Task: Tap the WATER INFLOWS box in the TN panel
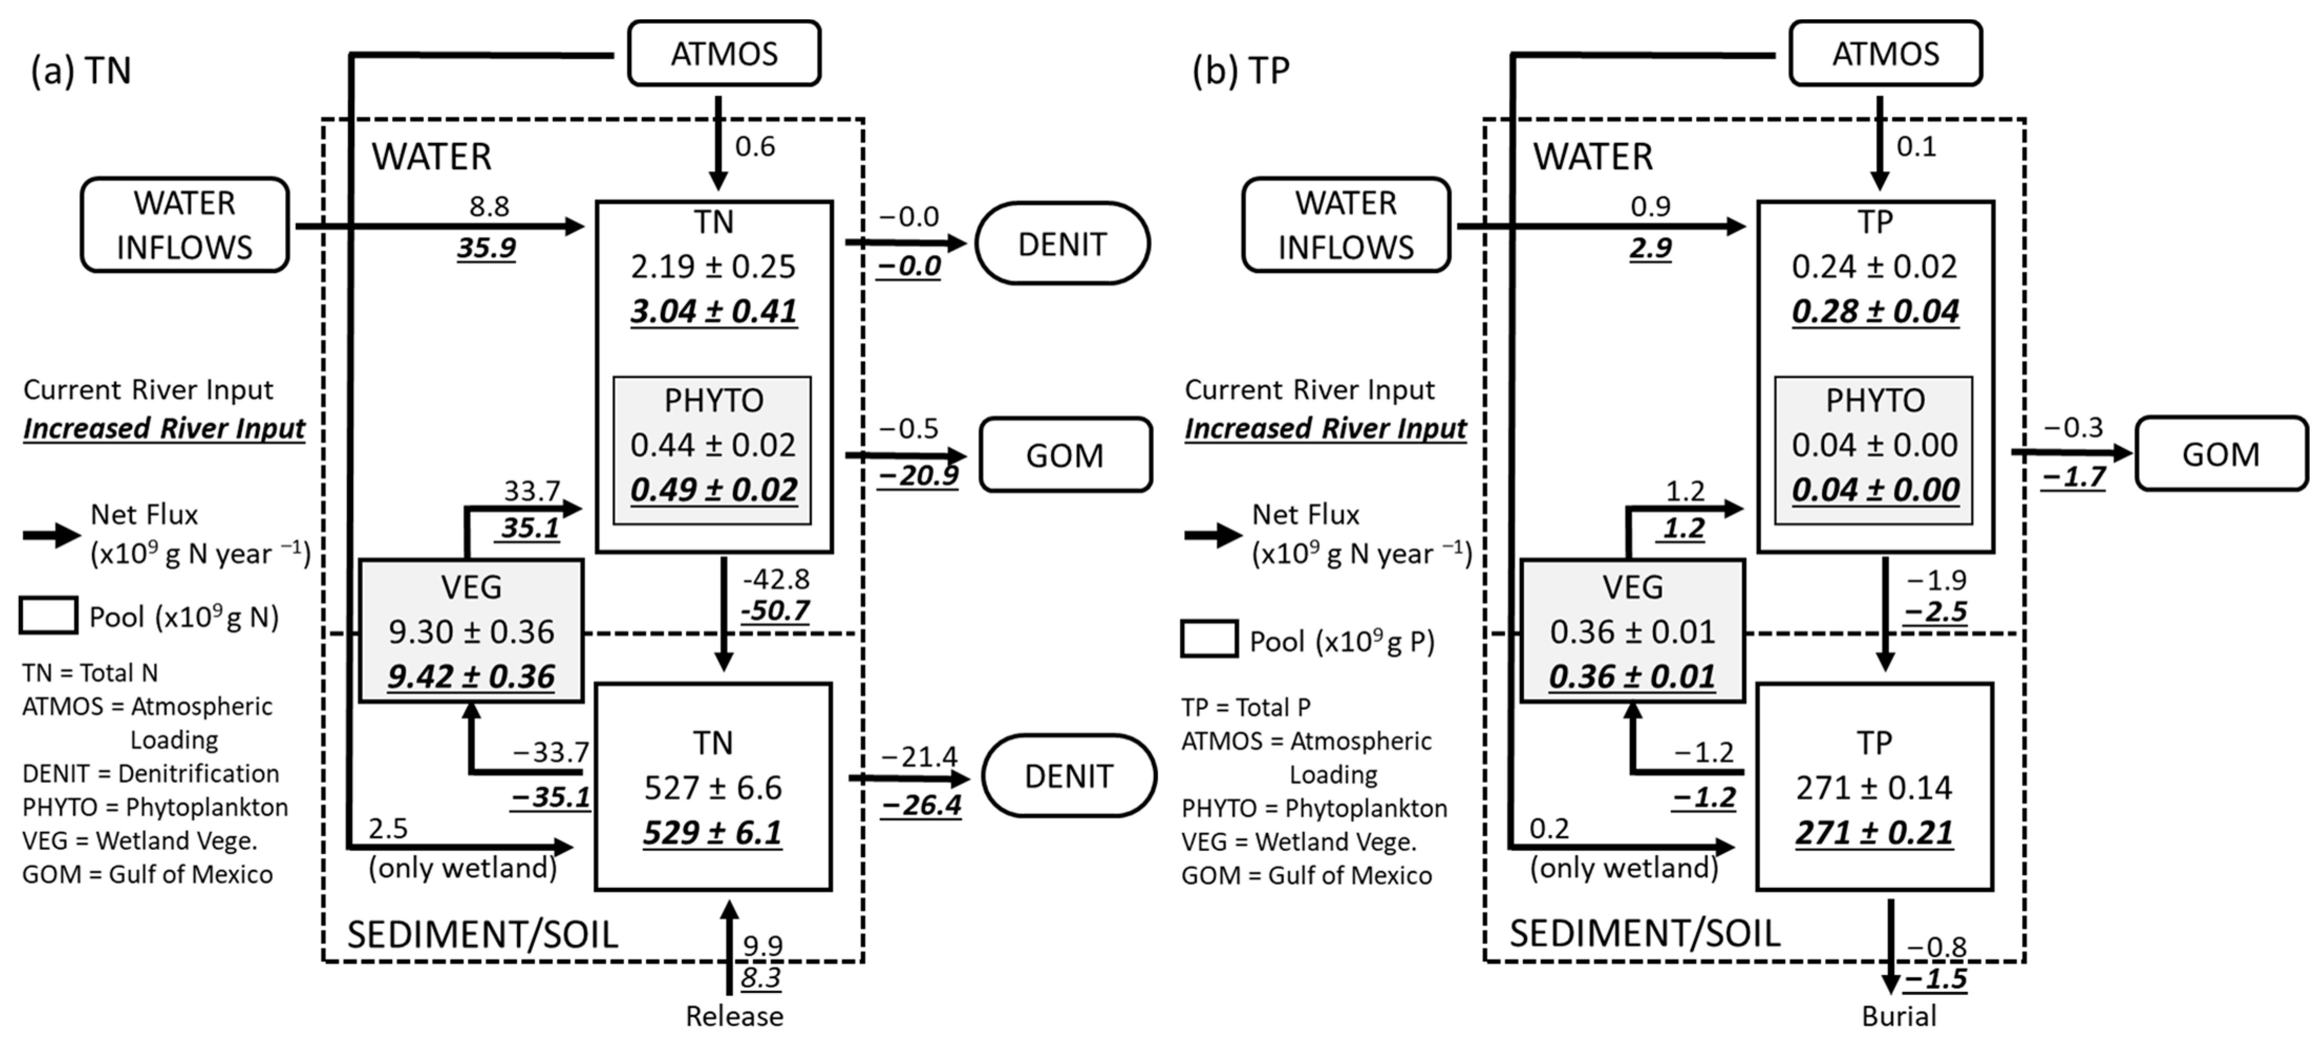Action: pos(185,225)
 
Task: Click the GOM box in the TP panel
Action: pos(2220,454)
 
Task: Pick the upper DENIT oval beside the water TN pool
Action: pos(1062,243)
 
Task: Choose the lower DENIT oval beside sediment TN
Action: pos(1068,776)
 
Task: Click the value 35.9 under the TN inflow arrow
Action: pos(486,247)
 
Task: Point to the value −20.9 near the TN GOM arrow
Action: pos(918,475)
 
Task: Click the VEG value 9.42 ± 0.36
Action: pos(470,676)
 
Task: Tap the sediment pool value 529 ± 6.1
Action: pos(712,832)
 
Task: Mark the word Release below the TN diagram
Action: pos(734,1016)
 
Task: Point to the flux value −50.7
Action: pos(775,611)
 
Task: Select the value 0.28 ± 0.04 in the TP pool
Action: pos(1875,311)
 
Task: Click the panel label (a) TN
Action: pos(81,70)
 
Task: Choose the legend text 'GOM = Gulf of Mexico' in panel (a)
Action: pos(147,875)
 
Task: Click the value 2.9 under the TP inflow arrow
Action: pos(1650,247)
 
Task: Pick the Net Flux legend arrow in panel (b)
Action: pos(1213,535)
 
